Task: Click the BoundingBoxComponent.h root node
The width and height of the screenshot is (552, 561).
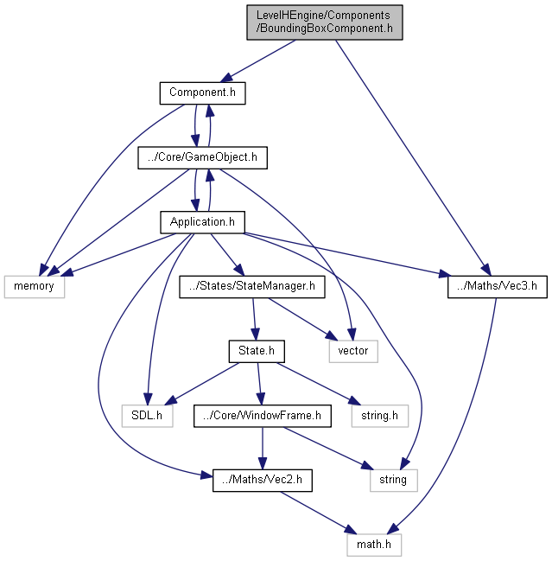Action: [x=325, y=22]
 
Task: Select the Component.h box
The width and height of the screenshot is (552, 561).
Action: [x=203, y=93]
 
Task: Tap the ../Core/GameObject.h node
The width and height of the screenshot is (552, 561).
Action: [x=203, y=158]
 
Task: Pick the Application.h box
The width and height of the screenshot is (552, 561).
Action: [x=203, y=222]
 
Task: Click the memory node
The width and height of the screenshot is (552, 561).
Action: [x=35, y=287]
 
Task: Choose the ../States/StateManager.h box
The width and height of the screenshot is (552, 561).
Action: [x=252, y=287]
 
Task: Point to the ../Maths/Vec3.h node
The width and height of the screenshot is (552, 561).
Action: [x=498, y=287]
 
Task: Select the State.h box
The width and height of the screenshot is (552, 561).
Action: [x=257, y=351]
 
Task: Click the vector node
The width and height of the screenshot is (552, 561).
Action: [x=353, y=351]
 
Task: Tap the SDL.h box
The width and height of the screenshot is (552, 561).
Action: [x=148, y=416]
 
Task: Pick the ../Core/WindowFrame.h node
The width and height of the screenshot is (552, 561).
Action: [x=263, y=416]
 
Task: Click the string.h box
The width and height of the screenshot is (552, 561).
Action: [x=380, y=416]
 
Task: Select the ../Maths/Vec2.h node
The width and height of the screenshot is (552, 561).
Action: [x=263, y=480]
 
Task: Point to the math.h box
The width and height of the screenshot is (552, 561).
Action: [x=374, y=545]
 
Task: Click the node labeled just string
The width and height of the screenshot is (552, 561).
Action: [x=394, y=480]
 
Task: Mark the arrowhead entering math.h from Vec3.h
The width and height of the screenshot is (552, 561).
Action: [x=392, y=529]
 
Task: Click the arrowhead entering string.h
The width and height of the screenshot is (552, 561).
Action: [x=355, y=401]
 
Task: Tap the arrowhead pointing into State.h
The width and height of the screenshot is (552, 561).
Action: [x=255, y=335]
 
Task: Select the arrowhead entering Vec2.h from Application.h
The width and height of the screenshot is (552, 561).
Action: [x=207, y=475]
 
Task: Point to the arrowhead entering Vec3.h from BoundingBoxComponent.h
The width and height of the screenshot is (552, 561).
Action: [x=485, y=270]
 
